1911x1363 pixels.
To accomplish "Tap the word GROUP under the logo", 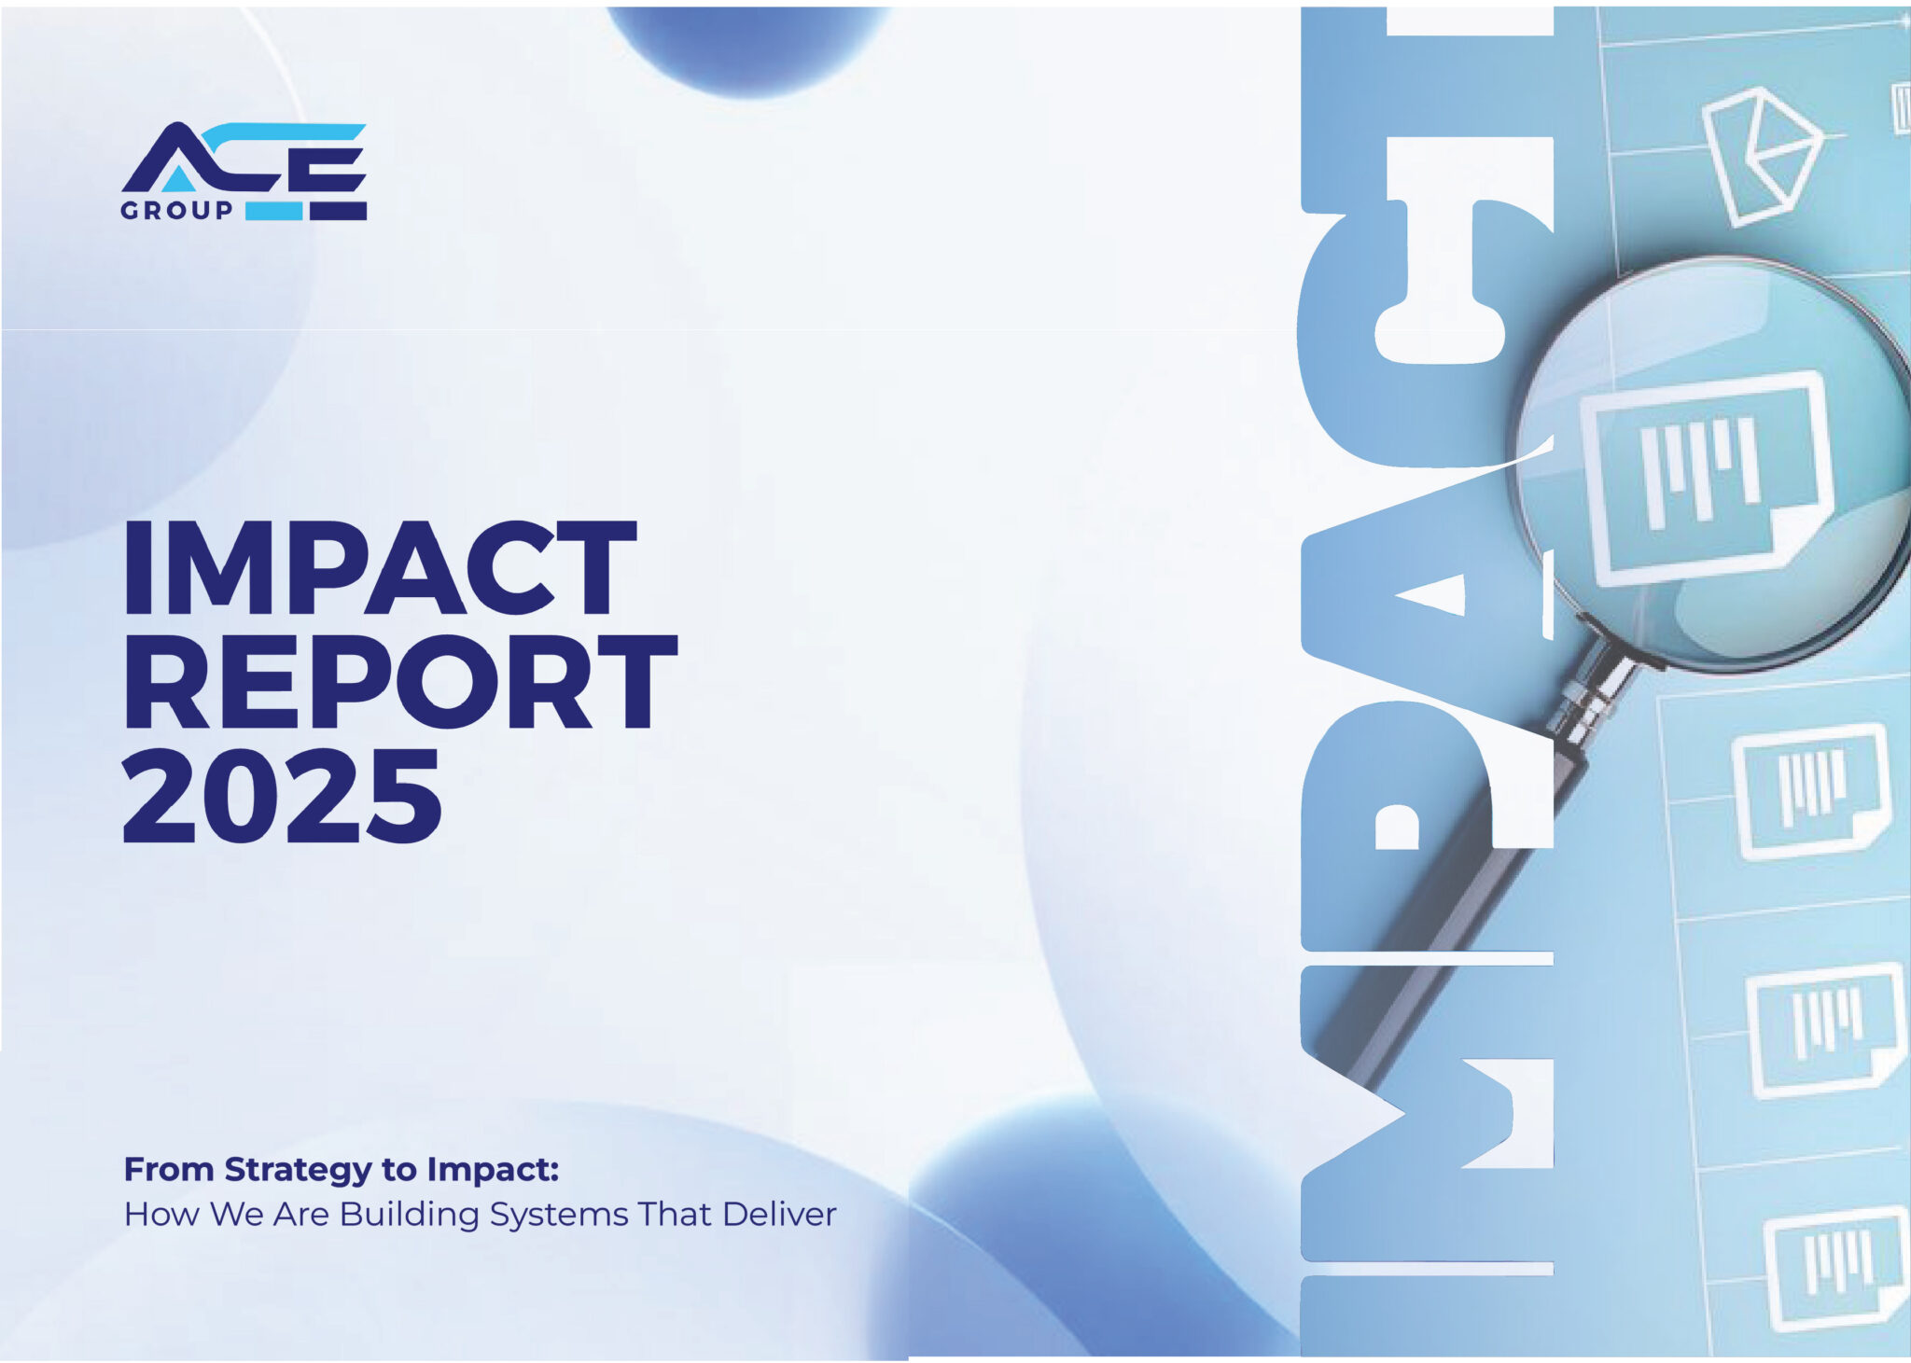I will [x=176, y=211].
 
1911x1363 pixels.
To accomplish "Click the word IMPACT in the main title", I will [x=380, y=568].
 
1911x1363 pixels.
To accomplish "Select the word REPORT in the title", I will [x=400, y=683].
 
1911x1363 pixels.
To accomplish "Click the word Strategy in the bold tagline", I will [x=299, y=1169].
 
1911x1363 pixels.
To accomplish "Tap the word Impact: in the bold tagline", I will [x=493, y=1169].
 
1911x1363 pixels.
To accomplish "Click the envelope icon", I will [x=1762, y=156].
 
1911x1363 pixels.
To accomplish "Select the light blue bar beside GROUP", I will [x=273, y=211].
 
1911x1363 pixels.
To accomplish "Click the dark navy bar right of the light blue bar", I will [x=338, y=211].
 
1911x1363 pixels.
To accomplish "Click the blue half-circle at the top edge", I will [x=746, y=42].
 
